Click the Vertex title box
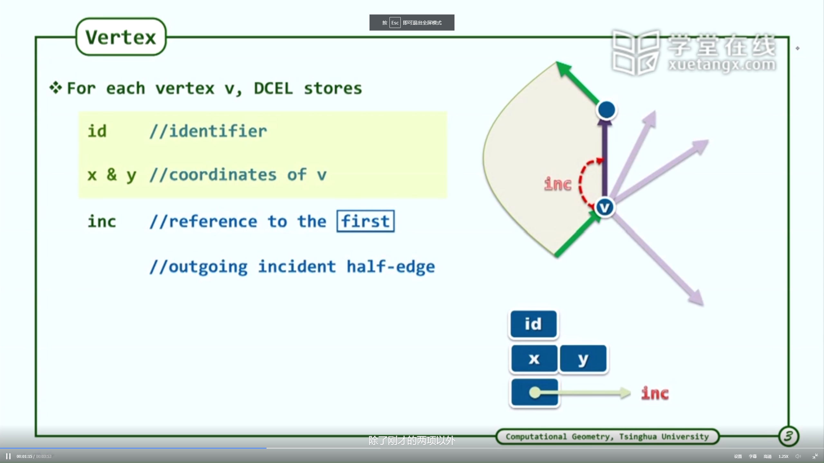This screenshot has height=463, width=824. (x=121, y=37)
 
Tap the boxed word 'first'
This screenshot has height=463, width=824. (x=366, y=221)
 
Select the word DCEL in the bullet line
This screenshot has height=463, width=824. (x=273, y=88)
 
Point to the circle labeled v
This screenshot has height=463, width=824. (x=605, y=208)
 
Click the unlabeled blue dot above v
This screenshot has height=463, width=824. (x=606, y=110)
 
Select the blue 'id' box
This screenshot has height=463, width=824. (x=533, y=324)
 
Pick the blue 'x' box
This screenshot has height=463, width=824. (x=534, y=358)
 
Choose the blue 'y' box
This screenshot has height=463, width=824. (x=583, y=358)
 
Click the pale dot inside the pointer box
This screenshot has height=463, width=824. (x=535, y=392)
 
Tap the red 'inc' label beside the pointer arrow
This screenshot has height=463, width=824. (x=655, y=393)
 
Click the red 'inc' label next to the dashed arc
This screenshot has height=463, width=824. (x=558, y=184)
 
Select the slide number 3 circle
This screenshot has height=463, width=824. (x=789, y=436)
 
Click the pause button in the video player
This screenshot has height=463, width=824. (x=8, y=456)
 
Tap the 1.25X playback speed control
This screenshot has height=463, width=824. (x=783, y=456)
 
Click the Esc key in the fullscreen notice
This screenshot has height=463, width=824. (x=395, y=23)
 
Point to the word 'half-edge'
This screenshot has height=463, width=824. (x=391, y=267)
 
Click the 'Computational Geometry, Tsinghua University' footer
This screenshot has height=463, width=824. (x=607, y=437)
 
